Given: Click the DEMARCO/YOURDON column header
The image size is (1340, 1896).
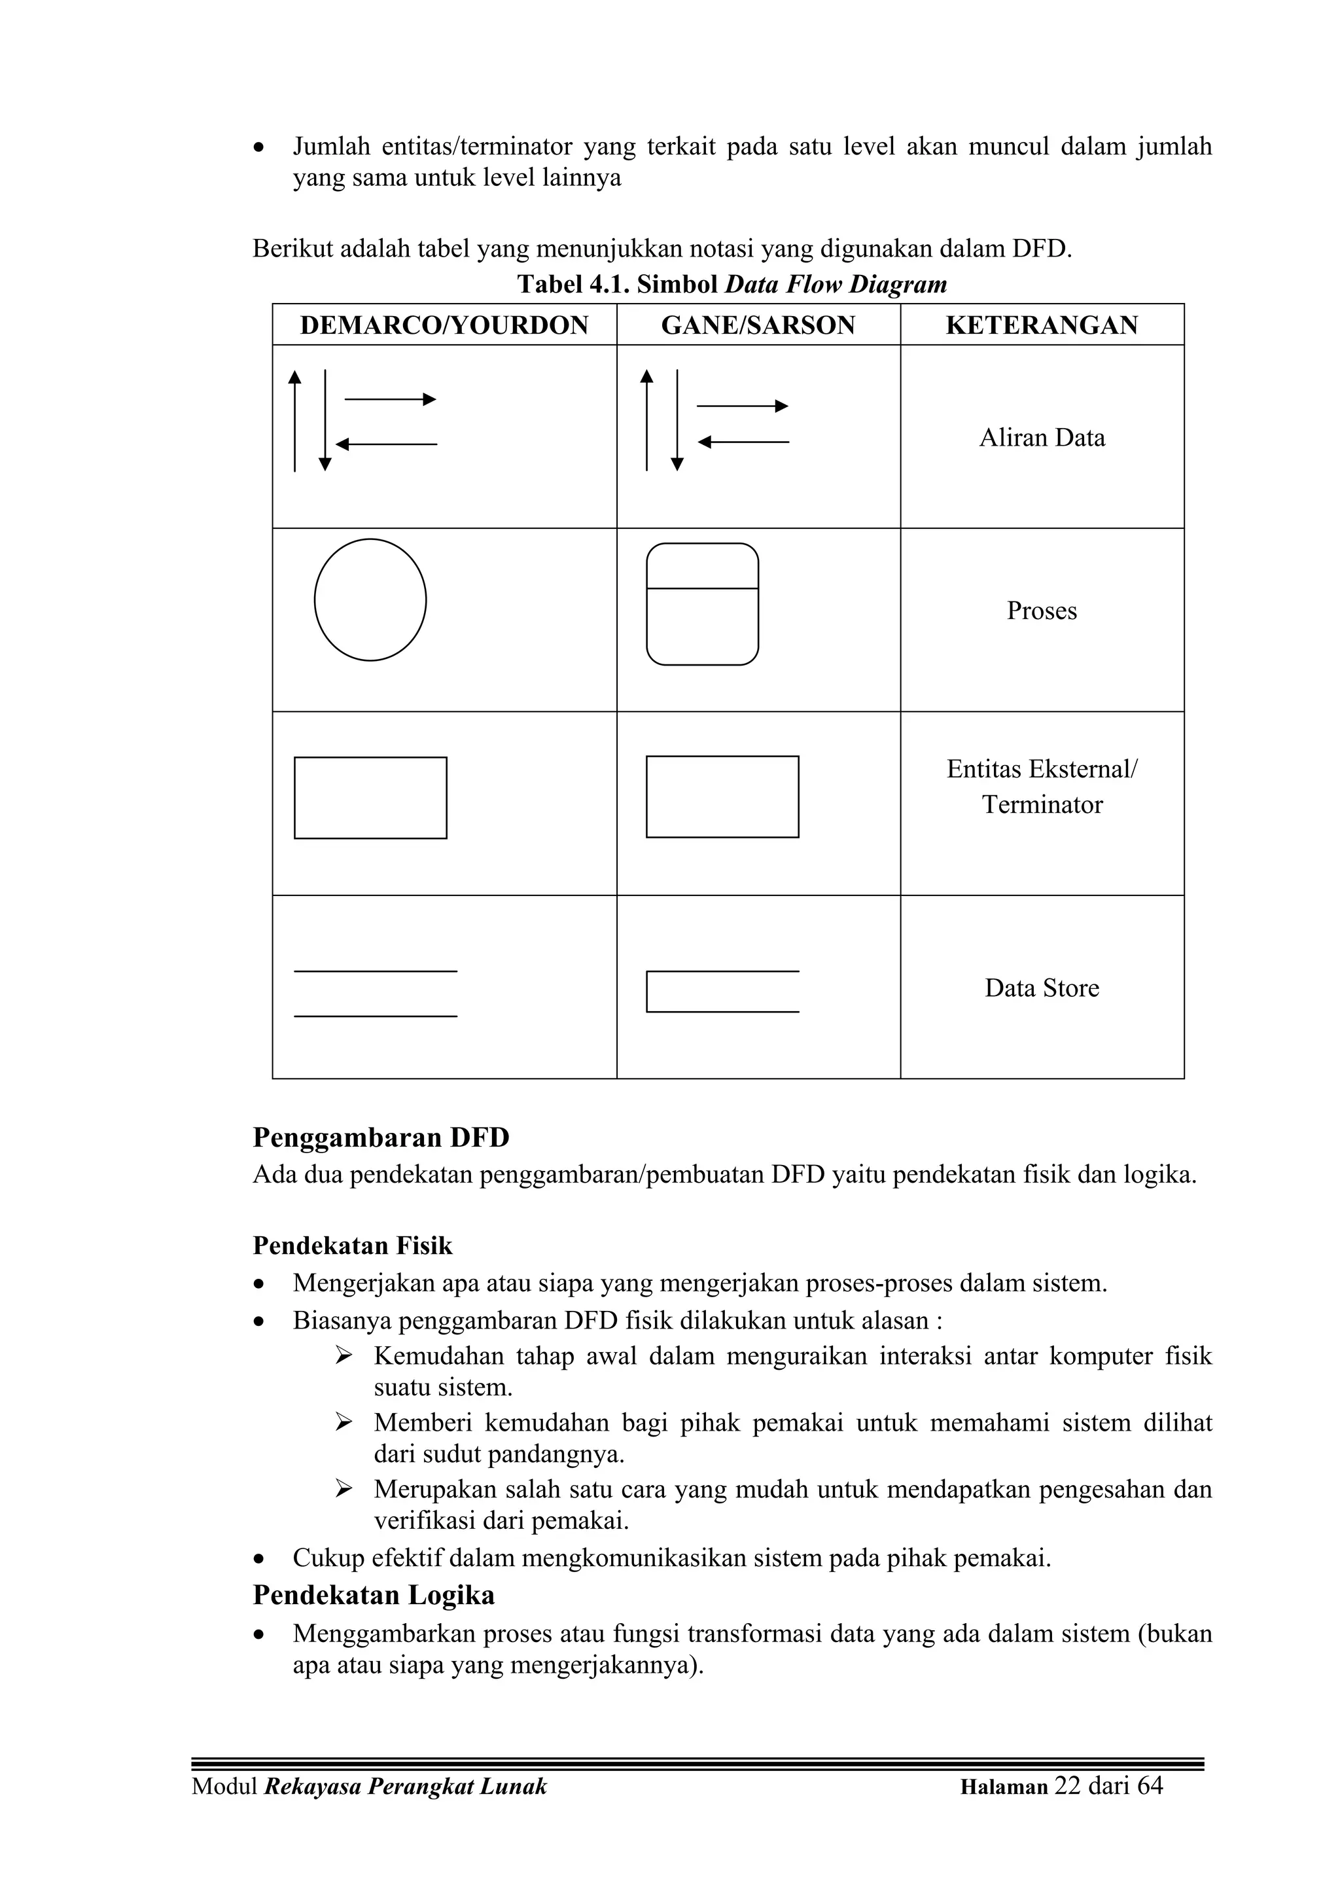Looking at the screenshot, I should point(444,325).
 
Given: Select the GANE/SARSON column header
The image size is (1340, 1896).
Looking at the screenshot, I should point(758,325).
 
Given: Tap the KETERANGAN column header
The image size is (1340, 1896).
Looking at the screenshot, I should point(1042,325).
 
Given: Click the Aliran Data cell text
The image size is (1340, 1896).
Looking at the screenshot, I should point(1042,438).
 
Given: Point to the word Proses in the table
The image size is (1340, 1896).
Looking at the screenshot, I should point(1042,611).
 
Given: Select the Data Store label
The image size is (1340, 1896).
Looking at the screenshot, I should point(1042,988).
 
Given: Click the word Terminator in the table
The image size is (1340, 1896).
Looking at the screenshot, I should point(1042,805).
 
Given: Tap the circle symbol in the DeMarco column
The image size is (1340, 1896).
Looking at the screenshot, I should point(371,600).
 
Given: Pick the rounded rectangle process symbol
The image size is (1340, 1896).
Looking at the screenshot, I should point(703,605).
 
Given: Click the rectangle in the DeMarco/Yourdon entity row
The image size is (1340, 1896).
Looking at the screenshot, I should point(371,798).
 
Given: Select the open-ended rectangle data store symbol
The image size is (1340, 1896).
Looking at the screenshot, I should point(722,992).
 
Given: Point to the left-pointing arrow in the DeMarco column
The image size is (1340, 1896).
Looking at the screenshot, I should point(387,445).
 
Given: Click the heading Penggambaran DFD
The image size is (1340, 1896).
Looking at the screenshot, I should point(381,1138).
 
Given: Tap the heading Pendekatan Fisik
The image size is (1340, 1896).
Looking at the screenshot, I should point(353,1245).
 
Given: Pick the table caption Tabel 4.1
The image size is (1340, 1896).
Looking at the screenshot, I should point(573,285).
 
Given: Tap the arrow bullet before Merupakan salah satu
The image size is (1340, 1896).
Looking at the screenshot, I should point(344,1489).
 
